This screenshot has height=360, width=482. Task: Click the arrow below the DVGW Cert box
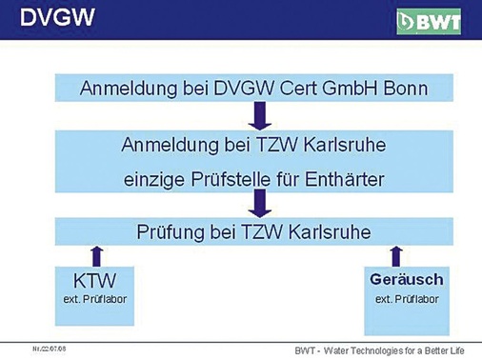(x=258, y=115)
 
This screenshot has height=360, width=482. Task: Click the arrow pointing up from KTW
(x=93, y=256)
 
